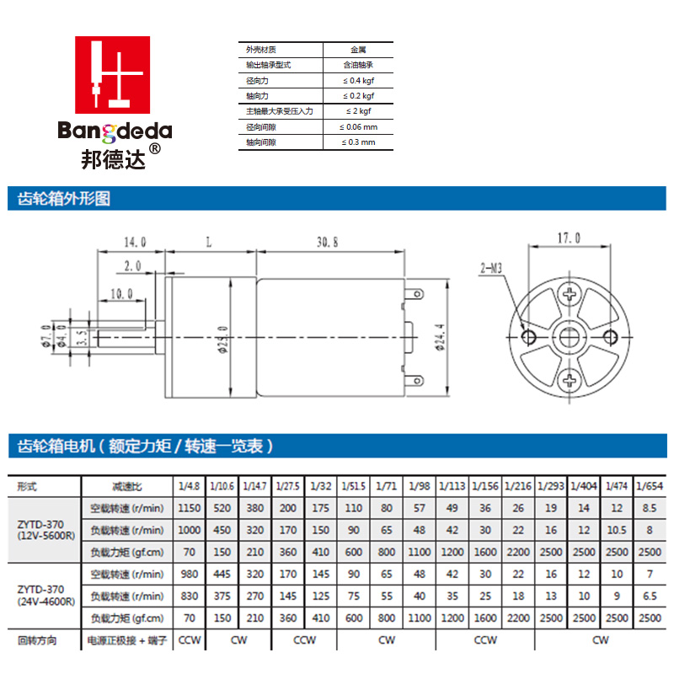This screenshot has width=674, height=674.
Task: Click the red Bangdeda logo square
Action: [x=113, y=75]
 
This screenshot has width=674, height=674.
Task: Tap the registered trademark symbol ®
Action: [x=155, y=149]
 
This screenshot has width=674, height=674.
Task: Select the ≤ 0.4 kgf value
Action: [x=359, y=80]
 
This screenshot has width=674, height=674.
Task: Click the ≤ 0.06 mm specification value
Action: [x=359, y=127]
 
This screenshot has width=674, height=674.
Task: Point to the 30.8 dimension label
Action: [x=328, y=243]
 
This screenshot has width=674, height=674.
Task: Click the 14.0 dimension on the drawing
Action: [x=135, y=243]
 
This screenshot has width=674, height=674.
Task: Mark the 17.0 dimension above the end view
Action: [x=569, y=238]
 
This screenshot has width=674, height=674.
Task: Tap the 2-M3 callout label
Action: [x=491, y=269]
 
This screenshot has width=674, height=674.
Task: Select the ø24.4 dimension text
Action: [x=440, y=338]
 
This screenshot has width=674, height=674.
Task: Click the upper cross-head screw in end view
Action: [x=570, y=294]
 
